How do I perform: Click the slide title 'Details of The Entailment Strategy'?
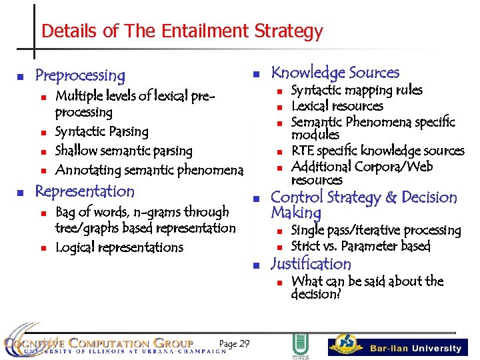pos(181,31)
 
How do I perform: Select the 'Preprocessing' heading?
pos(80,75)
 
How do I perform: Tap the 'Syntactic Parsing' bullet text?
pos(101,132)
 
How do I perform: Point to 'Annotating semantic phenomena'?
pos(149,171)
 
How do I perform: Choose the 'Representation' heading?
pos(85,191)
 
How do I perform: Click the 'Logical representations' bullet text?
pos(119,247)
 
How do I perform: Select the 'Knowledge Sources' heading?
pos(335,73)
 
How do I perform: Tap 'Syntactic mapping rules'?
pos(357,90)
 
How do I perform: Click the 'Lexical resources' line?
pos(337,106)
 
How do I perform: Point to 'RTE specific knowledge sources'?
pos(377,151)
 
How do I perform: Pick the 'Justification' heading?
pos(311,264)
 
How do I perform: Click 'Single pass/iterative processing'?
pos(376,231)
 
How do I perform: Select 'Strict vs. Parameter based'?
pos(361,247)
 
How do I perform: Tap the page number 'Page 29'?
pos(234,343)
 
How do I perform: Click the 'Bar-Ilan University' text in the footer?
pos(415,348)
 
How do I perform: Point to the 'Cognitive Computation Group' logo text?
pos(100,343)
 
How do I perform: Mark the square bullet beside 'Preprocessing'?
pos(21,76)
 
